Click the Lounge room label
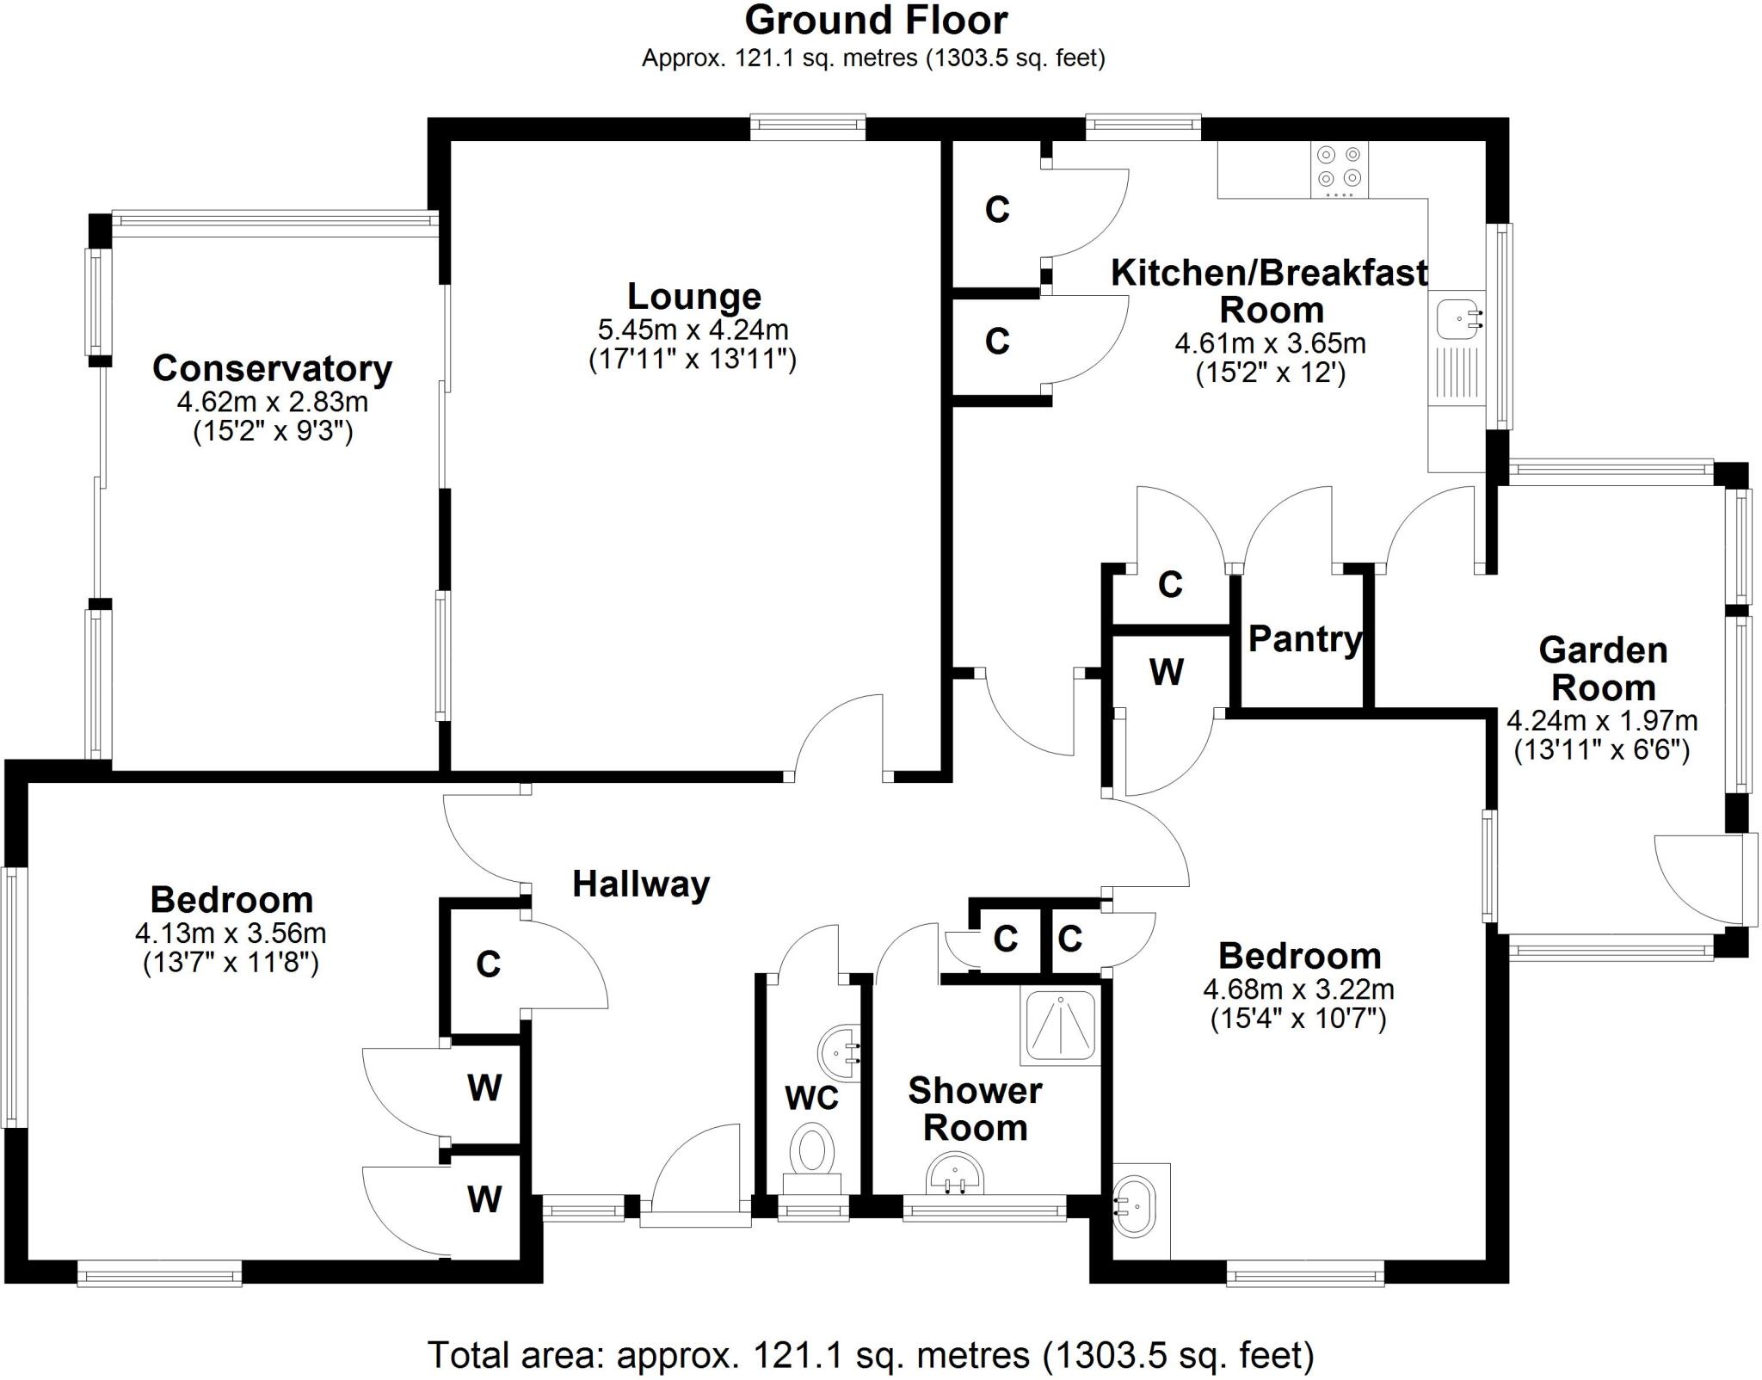tap(693, 297)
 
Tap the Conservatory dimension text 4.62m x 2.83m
tap(272, 402)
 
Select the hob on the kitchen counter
tap(1339, 169)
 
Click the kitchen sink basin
tap(1457, 318)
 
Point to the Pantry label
tap(1304, 639)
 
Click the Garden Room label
tap(1603, 668)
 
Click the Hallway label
tap(641, 884)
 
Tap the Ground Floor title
tap(875, 20)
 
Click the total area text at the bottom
tap(870, 1355)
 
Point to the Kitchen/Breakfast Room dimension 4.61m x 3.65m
tap(1270, 344)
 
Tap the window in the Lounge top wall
tap(807, 127)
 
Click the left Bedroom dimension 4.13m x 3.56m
tap(231, 933)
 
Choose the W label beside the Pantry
tap(1166, 672)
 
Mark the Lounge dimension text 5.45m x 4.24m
tap(693, 330)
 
